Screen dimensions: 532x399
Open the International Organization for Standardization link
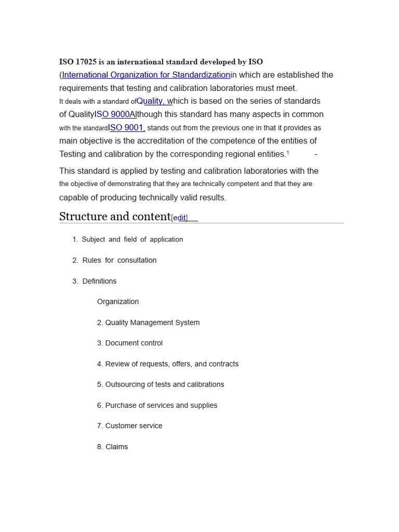[146, 75]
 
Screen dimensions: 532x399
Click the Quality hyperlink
[151, 101]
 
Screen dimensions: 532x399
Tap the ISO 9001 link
[126, 128]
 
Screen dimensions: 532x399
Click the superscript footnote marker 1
[288, 153]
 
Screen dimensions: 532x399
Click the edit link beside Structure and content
[180, 218]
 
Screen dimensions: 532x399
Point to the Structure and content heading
[115, 217]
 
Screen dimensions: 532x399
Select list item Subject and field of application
[132, 240]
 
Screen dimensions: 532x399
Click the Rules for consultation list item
[119, 260]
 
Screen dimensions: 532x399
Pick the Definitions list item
[99, 281]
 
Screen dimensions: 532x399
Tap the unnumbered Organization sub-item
[118, 302]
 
